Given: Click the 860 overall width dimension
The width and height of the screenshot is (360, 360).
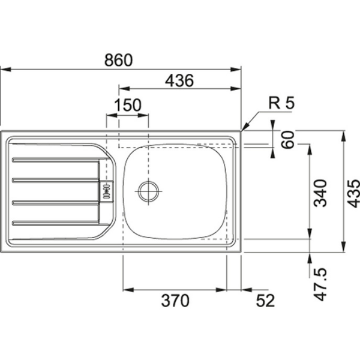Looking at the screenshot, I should tap(118, 60).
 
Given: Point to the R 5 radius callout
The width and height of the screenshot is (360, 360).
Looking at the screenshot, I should tap(281, 103).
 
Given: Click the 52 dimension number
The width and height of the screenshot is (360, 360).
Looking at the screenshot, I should tap(263, 298).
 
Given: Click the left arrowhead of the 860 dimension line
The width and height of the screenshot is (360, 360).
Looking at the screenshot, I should tap(3, 70).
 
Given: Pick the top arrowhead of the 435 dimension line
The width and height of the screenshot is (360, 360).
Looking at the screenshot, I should tap(344, 133).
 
